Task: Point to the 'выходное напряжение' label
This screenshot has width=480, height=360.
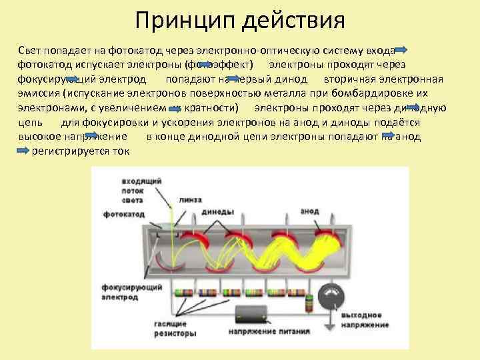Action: pos(364,319)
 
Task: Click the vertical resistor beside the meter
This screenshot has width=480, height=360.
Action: pos(308,303)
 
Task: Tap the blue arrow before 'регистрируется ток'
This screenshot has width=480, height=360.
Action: pos(22,151)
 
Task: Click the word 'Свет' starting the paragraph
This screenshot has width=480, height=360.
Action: pos(31,51)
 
